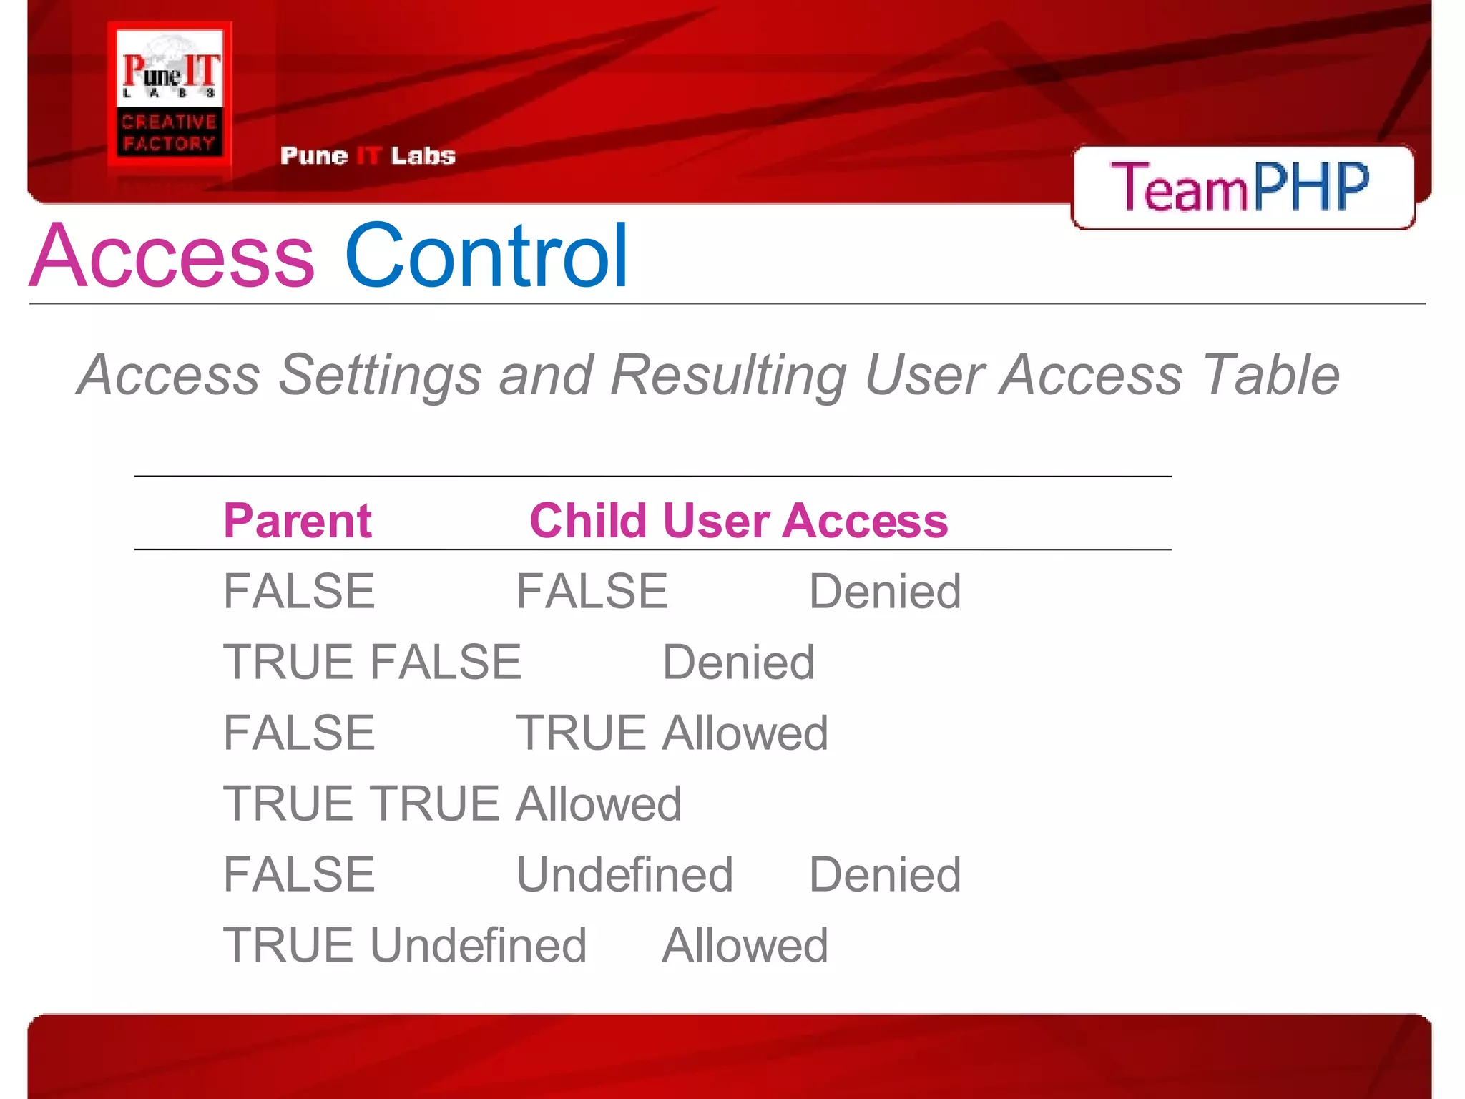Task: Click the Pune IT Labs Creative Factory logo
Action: pos(170,100)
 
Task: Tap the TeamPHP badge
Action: pos(1242,187)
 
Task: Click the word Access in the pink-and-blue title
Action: pos(172,256)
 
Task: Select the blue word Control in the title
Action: pos(486,256)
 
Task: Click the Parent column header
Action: pos(298,520)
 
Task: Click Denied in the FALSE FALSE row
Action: pos(885,592)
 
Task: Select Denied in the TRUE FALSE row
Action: pos(738,663)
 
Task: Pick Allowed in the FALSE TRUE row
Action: pos(745,733)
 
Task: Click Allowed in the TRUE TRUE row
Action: pos(599,804)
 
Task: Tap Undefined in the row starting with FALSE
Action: pos(624,875)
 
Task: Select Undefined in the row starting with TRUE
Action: pos(478,946)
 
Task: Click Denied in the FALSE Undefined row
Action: pos(885,875)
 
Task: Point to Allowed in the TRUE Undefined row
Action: pos(745,946)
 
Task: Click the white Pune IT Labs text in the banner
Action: pos(368,156)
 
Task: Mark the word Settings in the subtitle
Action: pos(379,375)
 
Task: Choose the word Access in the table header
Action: pos(866,520)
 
